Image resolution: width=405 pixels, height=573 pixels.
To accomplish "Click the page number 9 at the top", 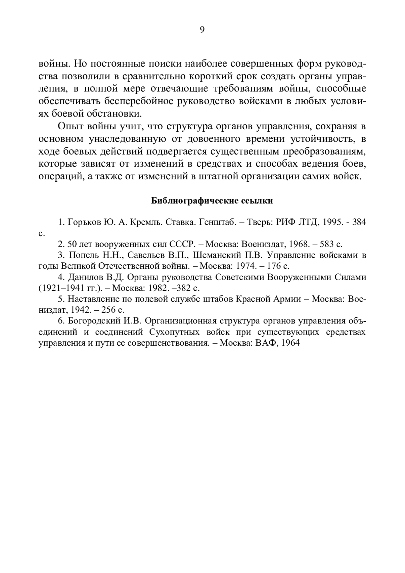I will pos(202,30).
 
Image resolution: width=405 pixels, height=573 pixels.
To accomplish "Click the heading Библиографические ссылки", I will pos(212,201).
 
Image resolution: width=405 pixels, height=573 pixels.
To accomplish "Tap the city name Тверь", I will pos(260,223).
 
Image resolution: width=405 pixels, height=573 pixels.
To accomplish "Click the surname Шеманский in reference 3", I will pos(215,255).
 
